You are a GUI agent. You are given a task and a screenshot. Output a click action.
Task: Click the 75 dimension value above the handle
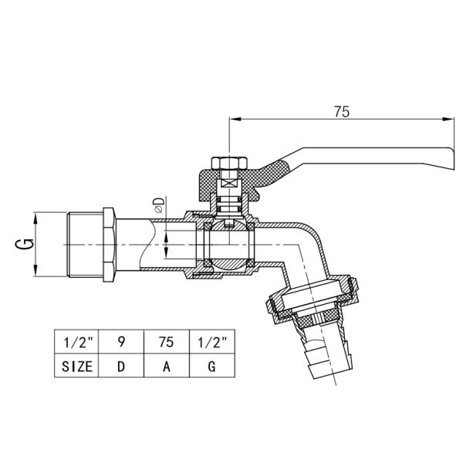click(x=343, y=111)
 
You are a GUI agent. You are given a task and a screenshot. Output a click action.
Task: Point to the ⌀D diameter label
click(x=160, y=205)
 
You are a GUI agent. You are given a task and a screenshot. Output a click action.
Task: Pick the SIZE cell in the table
click(x=76, y=367)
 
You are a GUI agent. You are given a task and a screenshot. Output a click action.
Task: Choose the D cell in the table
click(x=120, y=367)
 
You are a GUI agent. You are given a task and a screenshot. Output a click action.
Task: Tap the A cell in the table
click(x=166, y=367)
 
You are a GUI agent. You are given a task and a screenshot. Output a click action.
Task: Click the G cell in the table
click(x=211, y=367)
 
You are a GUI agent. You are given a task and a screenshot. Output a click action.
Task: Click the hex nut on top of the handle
click(x=228, y=164)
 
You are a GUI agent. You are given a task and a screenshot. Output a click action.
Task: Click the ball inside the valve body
click(x=227, y=247)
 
